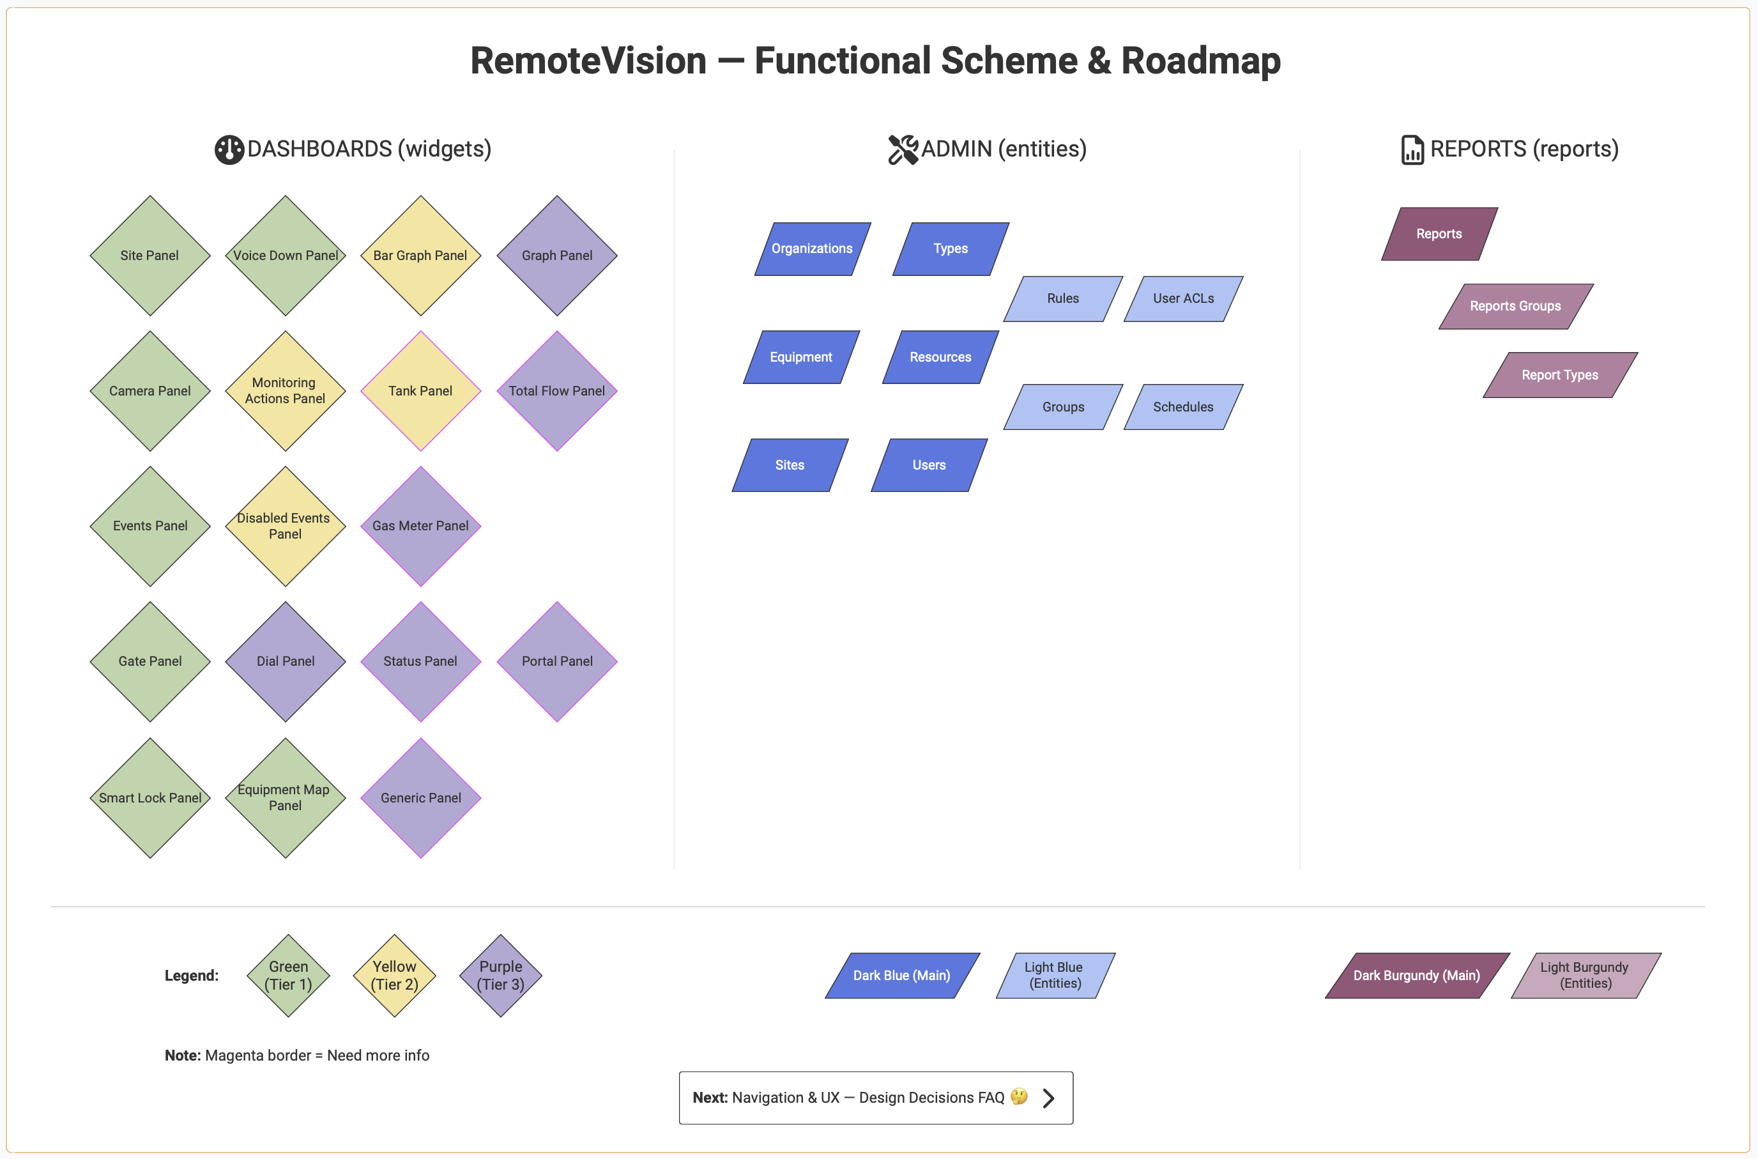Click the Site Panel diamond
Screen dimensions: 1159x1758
click(x=150, y=256)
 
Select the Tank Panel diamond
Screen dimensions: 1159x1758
click(x=420, y=391)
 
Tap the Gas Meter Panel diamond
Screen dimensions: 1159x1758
click(x=420, y=526)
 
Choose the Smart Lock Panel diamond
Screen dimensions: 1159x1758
click(x=150, y=798)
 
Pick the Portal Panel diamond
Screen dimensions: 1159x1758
click(x=557, y=661)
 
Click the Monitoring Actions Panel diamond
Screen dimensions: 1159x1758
click(x=286, y=391)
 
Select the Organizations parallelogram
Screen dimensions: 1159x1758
click(x=812, y=249)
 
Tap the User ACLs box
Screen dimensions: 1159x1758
click(x=1183, y=298)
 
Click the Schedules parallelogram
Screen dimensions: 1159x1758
click(x=1183, y=407)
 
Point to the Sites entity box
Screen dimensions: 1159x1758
click(x=790, y=466)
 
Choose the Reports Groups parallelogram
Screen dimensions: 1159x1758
click(x=1516, y=306)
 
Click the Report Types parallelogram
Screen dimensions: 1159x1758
click(x=1560, y=376)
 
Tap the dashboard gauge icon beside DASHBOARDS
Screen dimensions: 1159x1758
click(x=229, y=150)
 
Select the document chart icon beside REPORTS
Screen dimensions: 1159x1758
click(x=1412, y=150)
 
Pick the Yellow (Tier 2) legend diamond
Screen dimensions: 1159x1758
click(x=395, y=976)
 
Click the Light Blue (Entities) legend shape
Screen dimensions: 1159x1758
click(x=1055, y=976)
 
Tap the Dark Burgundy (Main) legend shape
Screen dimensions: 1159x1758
click(x=1417, y=976)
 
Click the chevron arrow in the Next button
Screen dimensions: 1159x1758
click(x=1048, y=1098)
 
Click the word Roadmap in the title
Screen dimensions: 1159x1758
click(x=1201, y=61)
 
